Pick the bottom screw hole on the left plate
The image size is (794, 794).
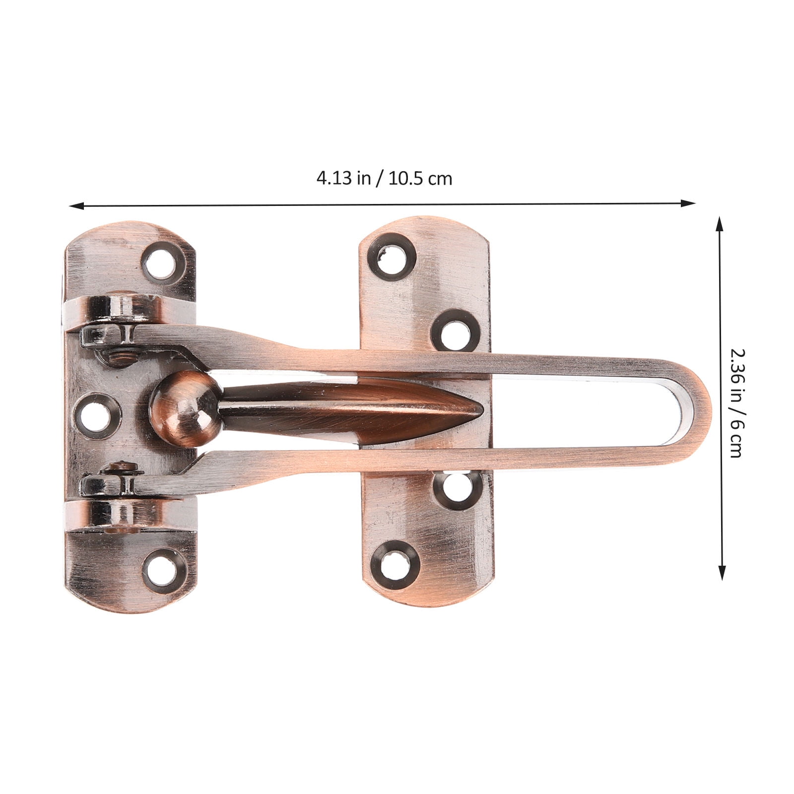161,565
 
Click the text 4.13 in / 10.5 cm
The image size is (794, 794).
384,178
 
